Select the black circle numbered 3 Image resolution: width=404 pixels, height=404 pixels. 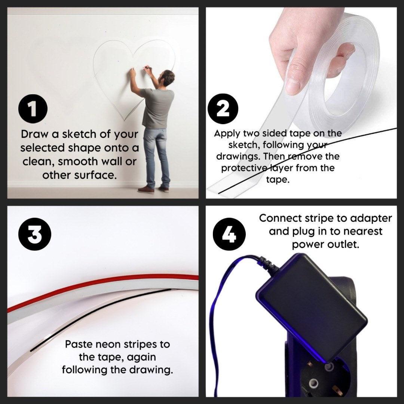(x=35, y=234)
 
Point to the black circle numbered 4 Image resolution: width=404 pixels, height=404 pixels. (x=229, y=234)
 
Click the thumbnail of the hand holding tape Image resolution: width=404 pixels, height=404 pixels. (x=293, y=87)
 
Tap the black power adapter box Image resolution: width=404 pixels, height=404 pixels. (x=312, y=307)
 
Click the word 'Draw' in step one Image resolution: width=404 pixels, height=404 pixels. (x=34, y=134)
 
